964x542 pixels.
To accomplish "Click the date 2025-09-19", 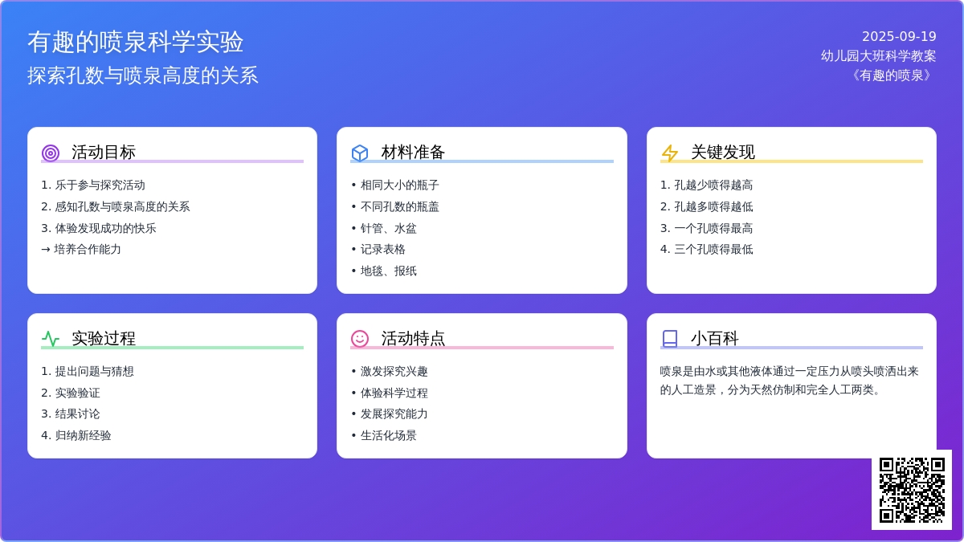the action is pos(899,37).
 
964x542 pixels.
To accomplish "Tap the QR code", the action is pos(912,490).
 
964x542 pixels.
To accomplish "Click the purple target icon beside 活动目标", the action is pos(51,153).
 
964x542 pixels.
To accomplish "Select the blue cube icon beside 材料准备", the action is pos(360,153).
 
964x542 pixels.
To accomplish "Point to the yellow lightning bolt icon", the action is pos(669,153).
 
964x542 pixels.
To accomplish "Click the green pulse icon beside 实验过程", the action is pos(51,339).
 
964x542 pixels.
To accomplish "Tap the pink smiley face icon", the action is pos(360,339).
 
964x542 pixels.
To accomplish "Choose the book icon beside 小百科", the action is pos(669,339).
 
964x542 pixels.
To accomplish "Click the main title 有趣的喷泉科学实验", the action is pos(136,42).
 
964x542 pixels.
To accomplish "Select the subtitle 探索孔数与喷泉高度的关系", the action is pos(143,75).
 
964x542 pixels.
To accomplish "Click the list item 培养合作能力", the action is pos(88,250).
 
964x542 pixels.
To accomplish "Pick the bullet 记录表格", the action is pos(382,250).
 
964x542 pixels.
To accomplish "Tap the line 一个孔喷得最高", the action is pos(713,228).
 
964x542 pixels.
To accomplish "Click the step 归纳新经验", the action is pos(83,436).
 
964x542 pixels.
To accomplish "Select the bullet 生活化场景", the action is pos(388,436).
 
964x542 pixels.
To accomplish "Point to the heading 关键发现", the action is pos(722,153).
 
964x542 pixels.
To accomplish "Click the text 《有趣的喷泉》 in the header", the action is pos(891,75).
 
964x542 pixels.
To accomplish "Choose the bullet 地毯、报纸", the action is pos(388,271).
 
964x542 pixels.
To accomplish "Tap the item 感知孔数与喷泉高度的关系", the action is pos(122,207).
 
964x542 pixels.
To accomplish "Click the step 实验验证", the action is pos(77,393).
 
